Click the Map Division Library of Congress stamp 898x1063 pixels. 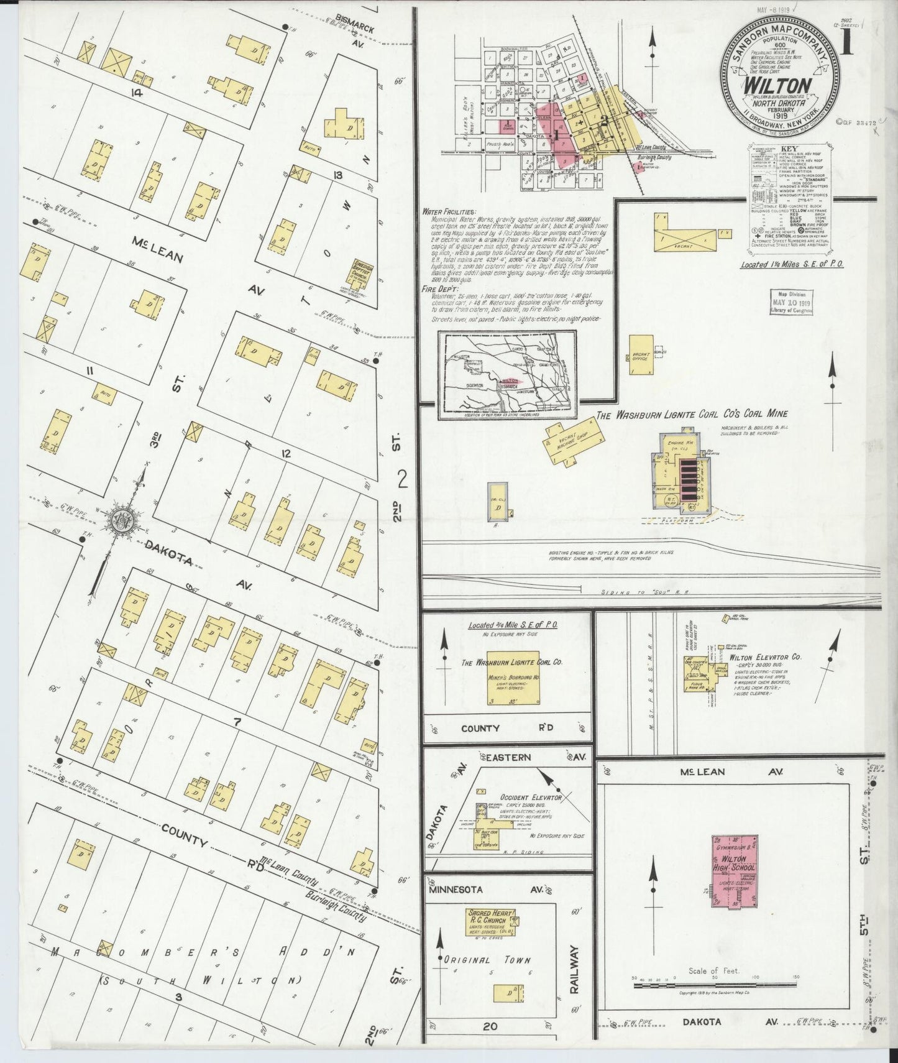tap(793, 302)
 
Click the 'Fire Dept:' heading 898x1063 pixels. tap(439, 289)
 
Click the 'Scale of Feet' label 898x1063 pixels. tap(712, 988)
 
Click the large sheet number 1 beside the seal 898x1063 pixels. tap(846, 48)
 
